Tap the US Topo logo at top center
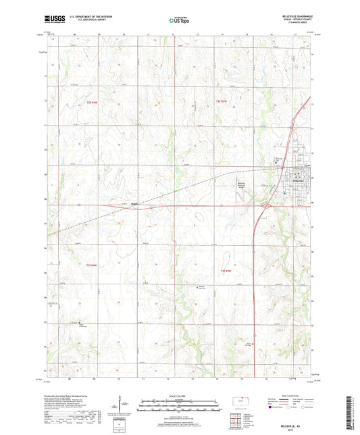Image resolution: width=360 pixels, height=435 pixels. pyautogui.click(x=179, y=21)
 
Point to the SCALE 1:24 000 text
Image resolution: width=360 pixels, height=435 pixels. pyautogui.click(x=180, y=396)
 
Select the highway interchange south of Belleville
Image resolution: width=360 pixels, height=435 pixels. pyautogui.click(x=266, y=204)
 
